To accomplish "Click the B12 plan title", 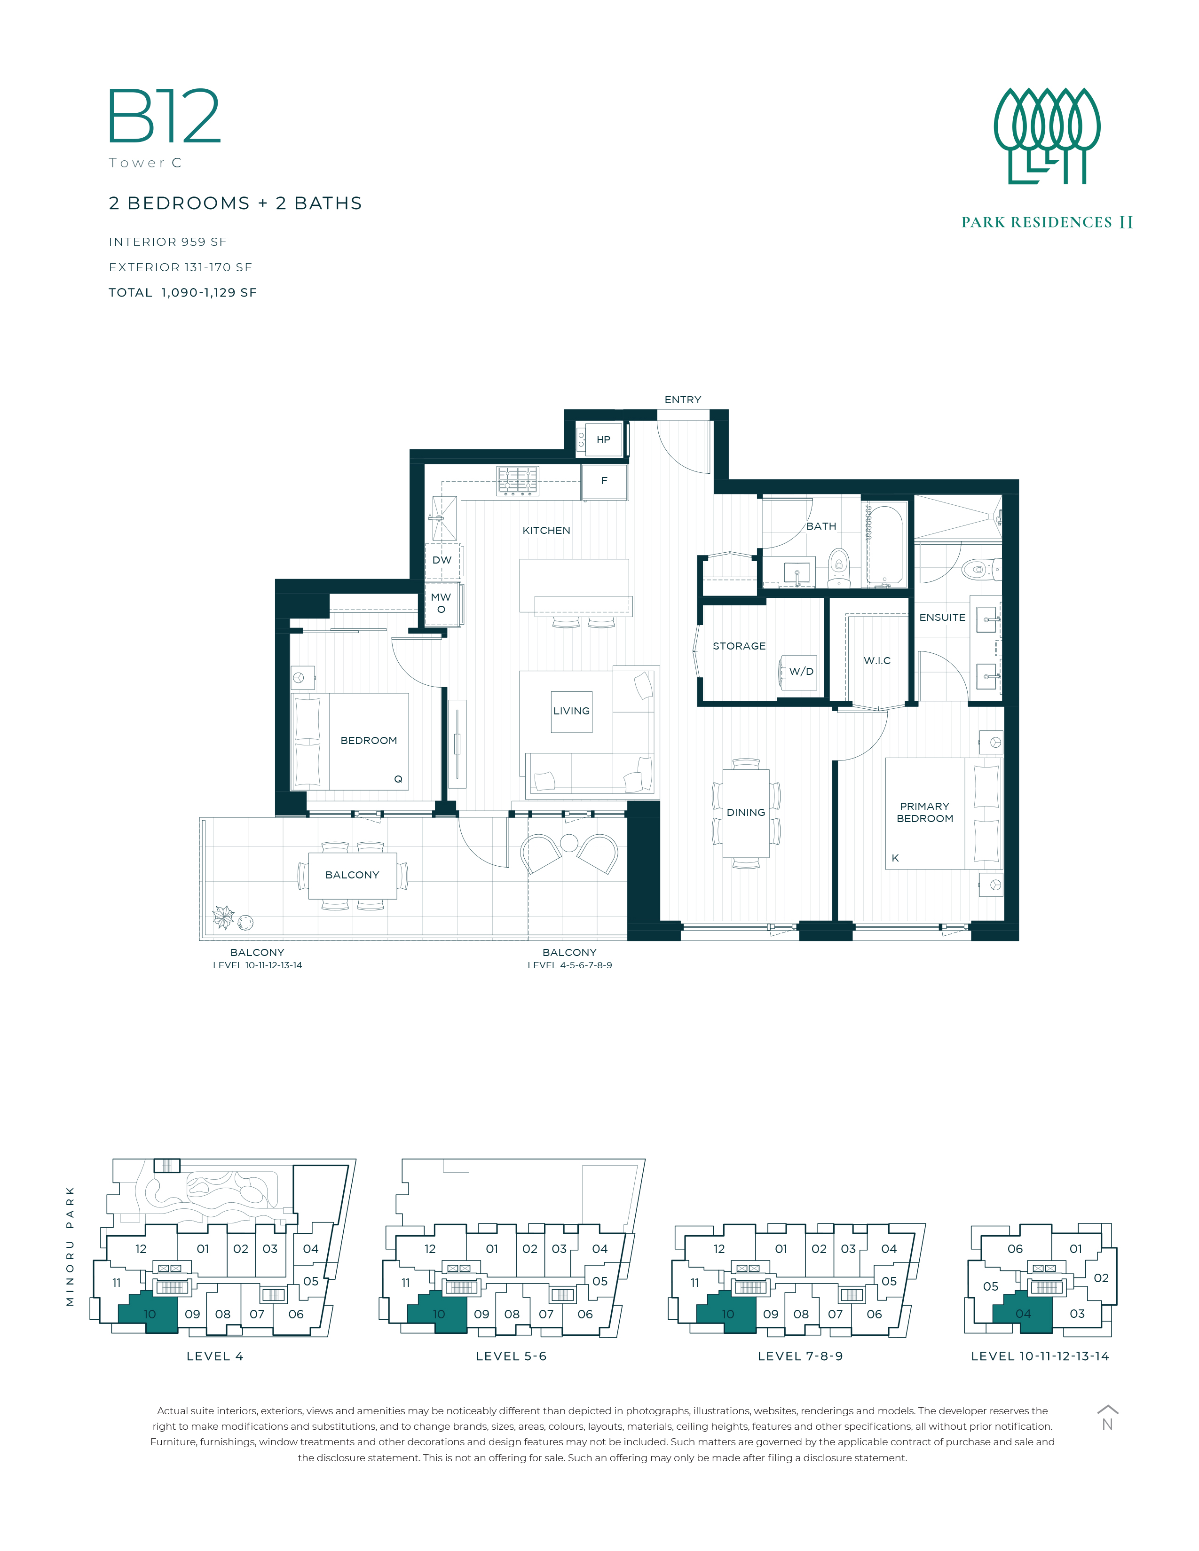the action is (164, 117).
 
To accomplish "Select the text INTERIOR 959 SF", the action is (168, 242).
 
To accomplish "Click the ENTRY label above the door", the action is (683, 400).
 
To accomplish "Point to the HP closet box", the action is (603, 439).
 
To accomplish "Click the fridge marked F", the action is (605, 481).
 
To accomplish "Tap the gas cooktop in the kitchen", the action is (518, 481).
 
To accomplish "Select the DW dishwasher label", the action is (442, 560).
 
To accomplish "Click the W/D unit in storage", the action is (800, 672).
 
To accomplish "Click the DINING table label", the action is (746, 813).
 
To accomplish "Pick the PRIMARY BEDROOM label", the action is (925, 813).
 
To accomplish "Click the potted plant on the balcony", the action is (224, 917).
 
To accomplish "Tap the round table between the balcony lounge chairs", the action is (569, 843).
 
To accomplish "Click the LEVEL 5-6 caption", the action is (512, 1356).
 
